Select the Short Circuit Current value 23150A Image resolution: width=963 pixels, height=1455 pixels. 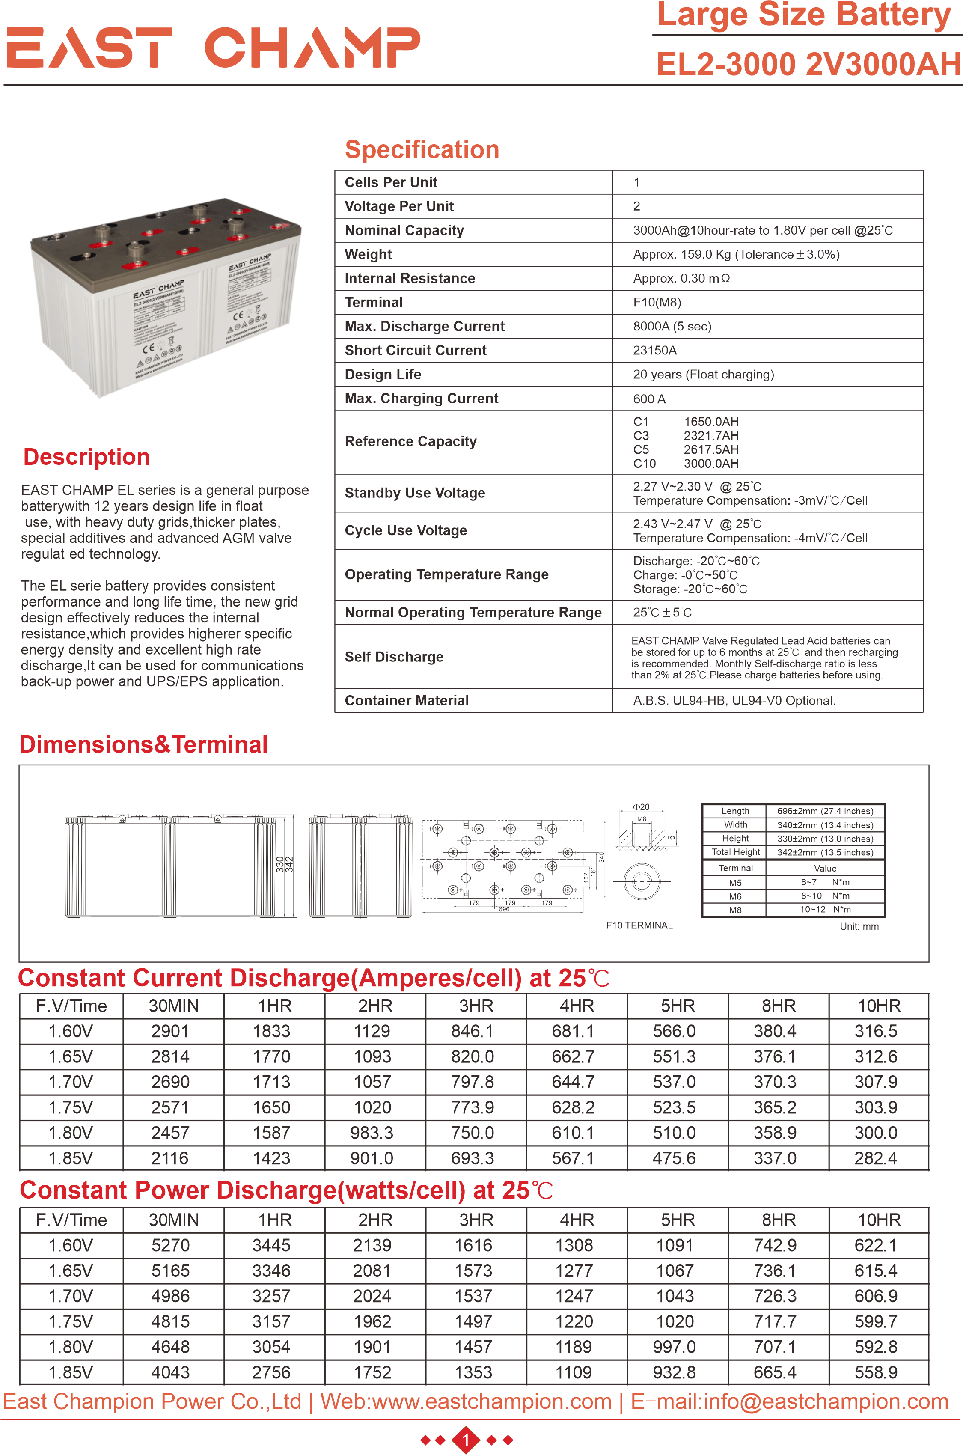pyautogui.click(x=655, y=351)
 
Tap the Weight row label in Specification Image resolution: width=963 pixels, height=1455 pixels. pyautogui.click(x=368, y=254)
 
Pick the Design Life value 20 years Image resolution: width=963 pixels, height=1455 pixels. pyautogui.click(x=703, y=375)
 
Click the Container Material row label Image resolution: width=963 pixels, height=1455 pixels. pyautogui.click(x=407, y=701)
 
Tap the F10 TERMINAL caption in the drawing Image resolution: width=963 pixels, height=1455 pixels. pyautogui.click(x=639, y=925)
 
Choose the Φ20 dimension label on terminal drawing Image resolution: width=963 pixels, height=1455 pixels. pyautogui.click(x=641, y=807)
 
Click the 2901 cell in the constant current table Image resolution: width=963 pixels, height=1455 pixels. pyautogui.click(x=170, y=1031)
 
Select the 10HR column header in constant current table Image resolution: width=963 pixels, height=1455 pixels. pyautogui.click(x=878, y=1006)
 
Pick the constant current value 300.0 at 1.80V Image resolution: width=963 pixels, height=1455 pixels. pyautogui.click(x=876, y=1133)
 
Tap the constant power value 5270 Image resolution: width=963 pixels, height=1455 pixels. pyautogui.click(x=170, y=1246)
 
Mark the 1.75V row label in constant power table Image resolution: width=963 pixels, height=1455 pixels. pyautogui.click(x=71, y=1322)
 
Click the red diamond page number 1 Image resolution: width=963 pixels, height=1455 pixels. pyautogui.click(x=466, y=1440)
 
